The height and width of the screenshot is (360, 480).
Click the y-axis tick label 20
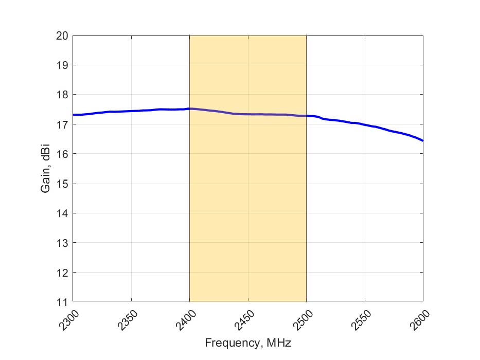click(62, 35)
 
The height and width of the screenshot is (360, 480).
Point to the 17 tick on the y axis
click(62, 124)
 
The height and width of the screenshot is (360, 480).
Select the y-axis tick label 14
click(62, 213)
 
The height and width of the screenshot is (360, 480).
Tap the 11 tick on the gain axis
click(62, 302)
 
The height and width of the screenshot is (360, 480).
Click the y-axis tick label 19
click(62, 65)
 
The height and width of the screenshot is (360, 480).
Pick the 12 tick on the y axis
click(62, 272)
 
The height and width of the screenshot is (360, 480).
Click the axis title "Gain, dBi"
click(46, 169)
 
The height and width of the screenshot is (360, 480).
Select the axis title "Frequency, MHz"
click(248, 342)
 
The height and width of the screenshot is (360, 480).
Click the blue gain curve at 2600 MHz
click(422, 140)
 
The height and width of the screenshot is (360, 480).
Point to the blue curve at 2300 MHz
click(74, 115)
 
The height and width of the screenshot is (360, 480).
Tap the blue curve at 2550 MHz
click(365, 125)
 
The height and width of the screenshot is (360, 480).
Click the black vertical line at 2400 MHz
click(190, 206)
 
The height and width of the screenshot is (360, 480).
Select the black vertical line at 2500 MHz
click(307, 206)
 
